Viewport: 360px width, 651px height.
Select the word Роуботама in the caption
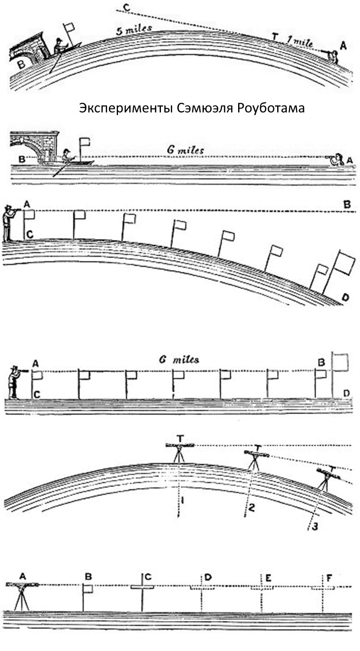click(x=271, y=108)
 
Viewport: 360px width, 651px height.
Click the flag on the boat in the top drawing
click(x=69, y=28)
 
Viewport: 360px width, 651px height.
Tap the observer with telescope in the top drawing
click(x=333, y=56)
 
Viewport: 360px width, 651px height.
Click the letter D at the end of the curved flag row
click(x=345, y=298)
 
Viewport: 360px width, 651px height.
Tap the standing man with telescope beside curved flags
click(x=8, y=223)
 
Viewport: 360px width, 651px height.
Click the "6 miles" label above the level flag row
click(x=179, y=360)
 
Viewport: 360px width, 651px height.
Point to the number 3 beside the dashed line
click(x=315, y=526)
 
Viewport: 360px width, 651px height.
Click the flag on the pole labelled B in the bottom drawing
click(x=88, y=589)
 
